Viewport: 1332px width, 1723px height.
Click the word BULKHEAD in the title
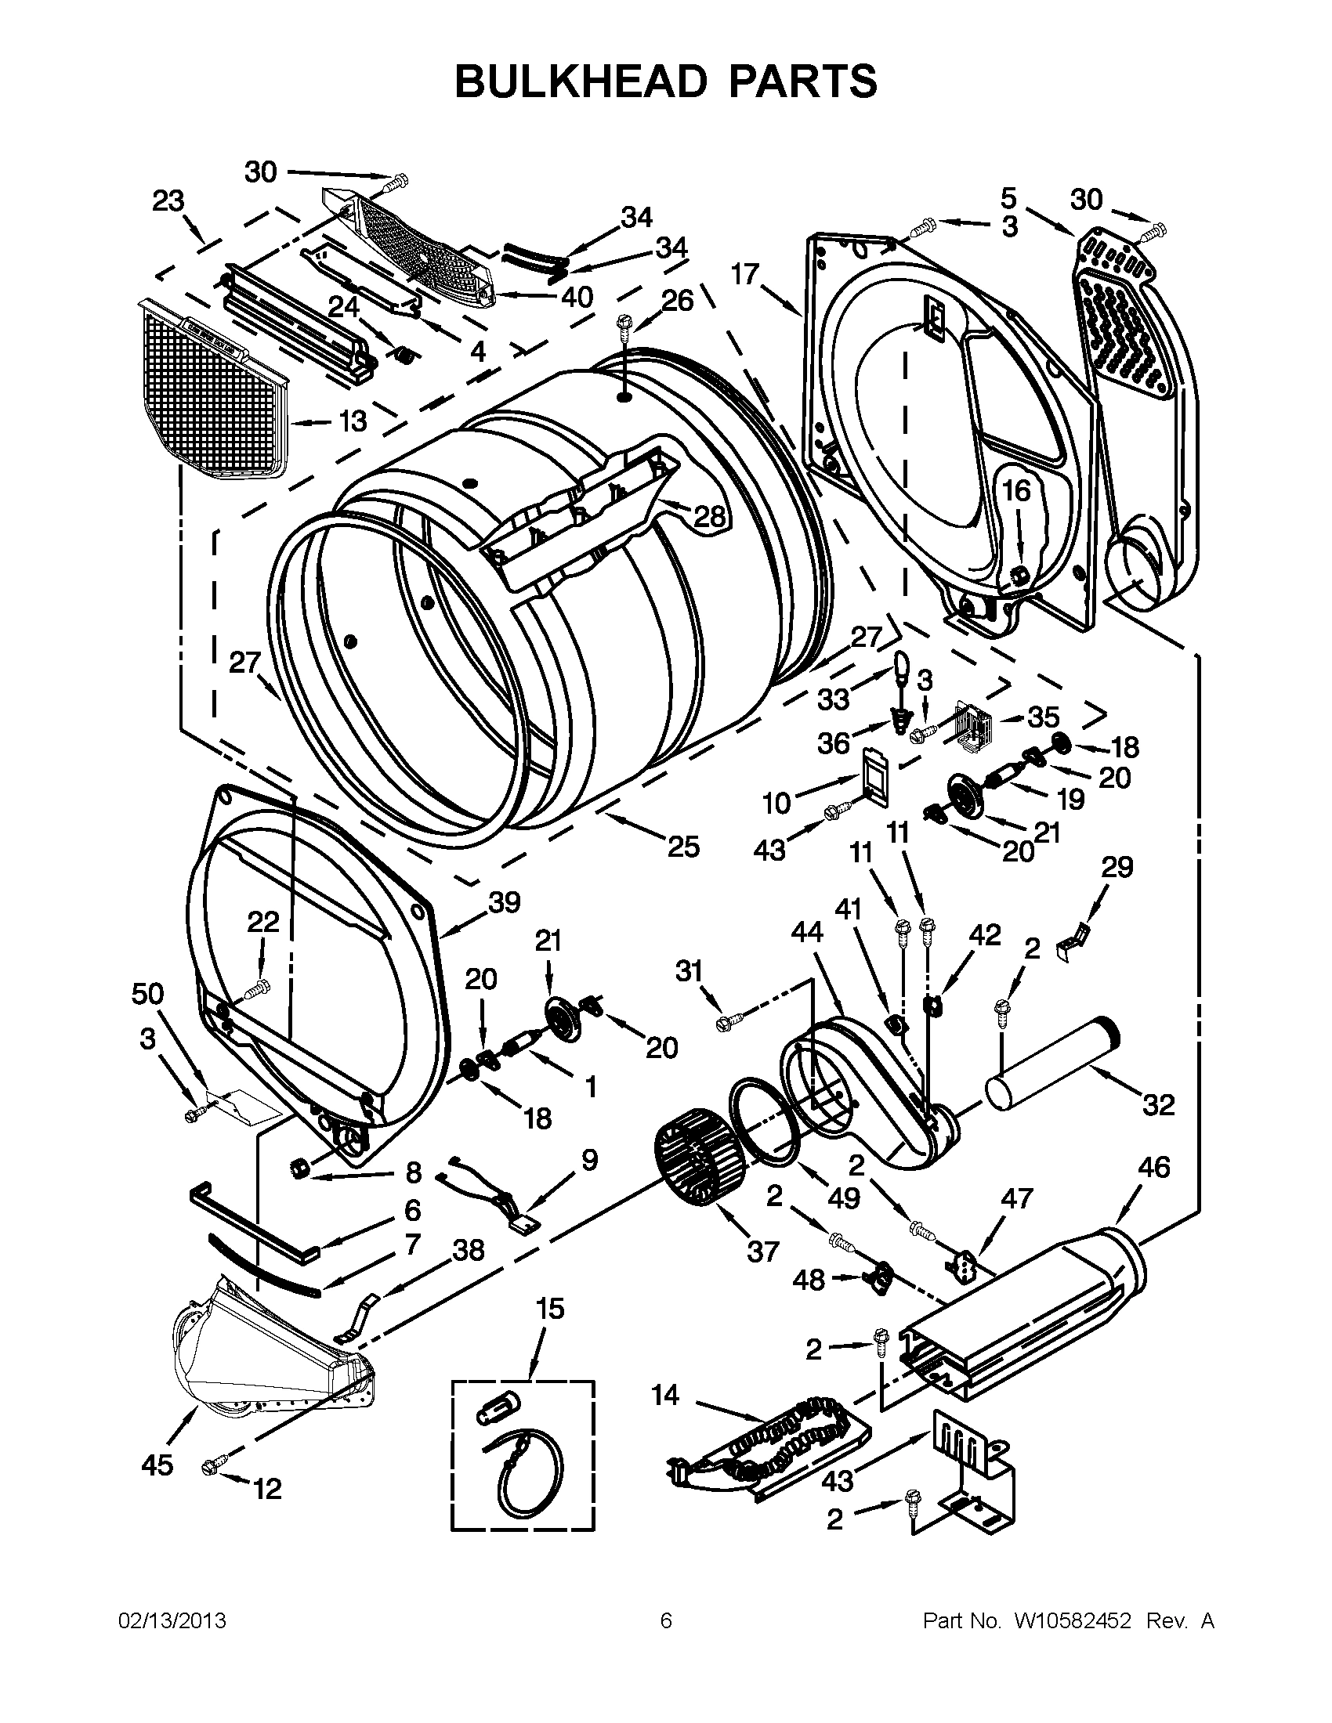pos(581,81)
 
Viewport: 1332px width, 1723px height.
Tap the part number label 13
pos(352,421)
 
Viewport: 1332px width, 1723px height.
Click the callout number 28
pos(709,517)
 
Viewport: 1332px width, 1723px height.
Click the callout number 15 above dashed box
pos(550,1309)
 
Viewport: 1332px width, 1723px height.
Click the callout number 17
pos(744,274)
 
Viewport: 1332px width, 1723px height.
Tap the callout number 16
pos(1016,491)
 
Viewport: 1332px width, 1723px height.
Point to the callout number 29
pos(1117,867)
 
